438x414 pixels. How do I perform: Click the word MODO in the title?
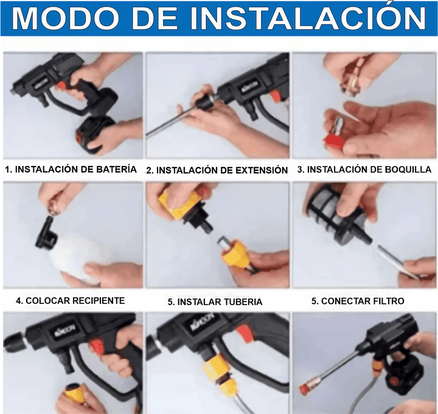pos(66,18)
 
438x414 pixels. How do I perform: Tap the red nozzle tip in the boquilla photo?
pos(334,140)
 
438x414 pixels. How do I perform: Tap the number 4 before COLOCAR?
pos(19,301)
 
